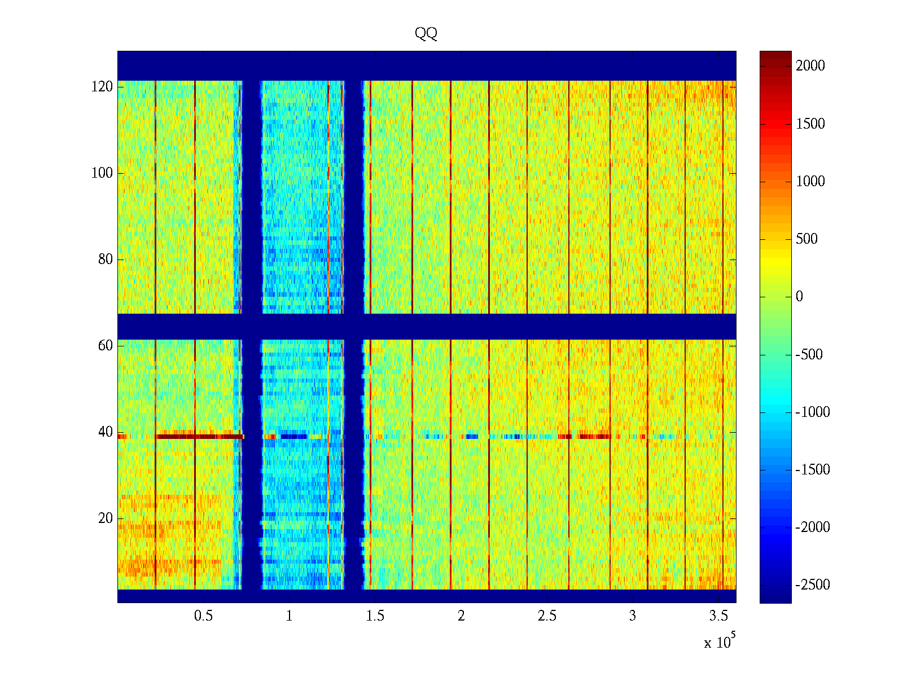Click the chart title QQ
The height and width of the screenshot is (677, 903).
(426, 33)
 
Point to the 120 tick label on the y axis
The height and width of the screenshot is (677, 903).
(102, 87)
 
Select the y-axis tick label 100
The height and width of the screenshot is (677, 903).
(102, 173)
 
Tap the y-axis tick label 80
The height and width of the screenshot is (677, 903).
(106, 260)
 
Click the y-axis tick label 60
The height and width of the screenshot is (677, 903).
(106, 346)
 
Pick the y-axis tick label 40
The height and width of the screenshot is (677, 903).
(106, 432)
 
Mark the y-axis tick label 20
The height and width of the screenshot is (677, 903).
(106, 518)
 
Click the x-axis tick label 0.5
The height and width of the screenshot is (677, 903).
(203, 616)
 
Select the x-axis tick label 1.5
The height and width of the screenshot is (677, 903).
(375, 616)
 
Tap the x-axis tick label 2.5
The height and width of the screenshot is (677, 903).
(546, 616)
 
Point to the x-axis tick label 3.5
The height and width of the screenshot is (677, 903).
(718, 616)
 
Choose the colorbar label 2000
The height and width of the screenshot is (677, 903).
(810, 66)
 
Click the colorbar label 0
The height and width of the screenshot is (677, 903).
(799, 297)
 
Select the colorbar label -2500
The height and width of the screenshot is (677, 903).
(813, 585)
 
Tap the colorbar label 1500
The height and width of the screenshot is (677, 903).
(810, 124)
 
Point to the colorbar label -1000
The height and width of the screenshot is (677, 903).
(813, 412)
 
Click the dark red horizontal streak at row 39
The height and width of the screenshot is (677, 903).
(200, 436)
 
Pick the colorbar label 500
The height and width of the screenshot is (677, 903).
(806, 239)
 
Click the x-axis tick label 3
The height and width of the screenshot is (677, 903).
(633, 616)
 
